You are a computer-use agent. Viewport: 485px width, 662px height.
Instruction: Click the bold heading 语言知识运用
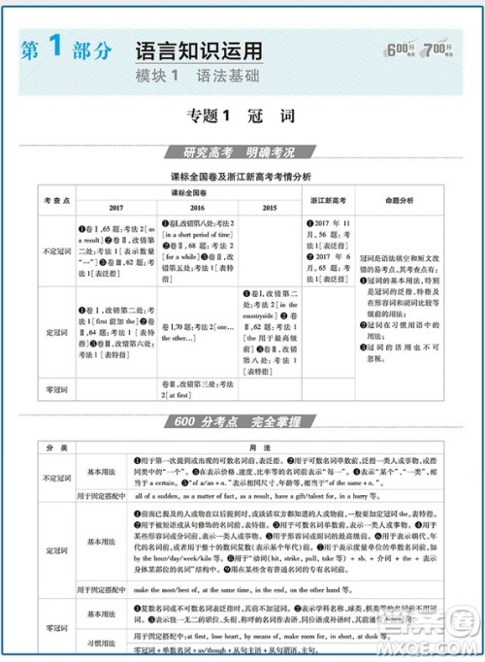click(x=198, y=50)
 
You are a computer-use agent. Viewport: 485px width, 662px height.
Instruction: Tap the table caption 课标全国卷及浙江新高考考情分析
click(x=241, y=176)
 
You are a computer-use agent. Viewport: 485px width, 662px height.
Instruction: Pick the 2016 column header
click(x=197, y=208)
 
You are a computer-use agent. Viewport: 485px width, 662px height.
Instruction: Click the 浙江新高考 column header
click(x=328, y=200)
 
